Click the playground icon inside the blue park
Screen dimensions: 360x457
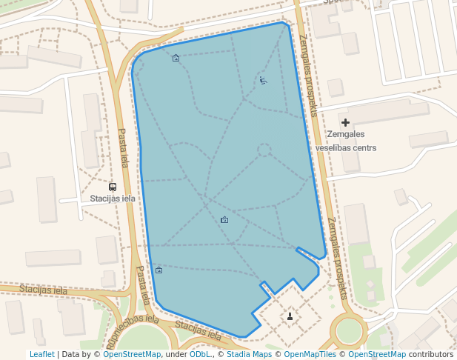pos(263,81)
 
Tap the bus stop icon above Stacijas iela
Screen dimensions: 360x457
pos(113,187)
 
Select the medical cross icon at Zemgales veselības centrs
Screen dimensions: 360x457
pos(345,121)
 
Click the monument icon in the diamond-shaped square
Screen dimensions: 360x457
pos(290,317)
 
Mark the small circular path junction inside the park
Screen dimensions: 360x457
pos(264,150)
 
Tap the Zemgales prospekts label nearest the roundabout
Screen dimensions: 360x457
pos(337,257)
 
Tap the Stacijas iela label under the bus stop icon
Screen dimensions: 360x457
pos(113,199)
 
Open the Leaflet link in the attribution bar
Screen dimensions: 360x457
pos(41,354)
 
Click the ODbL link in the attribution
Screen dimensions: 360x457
pos(200,354)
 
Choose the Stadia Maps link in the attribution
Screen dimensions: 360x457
pos(249,354)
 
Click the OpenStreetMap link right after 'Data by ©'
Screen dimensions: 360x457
pos(132,354)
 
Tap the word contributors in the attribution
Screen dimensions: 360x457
pos(431,354)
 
